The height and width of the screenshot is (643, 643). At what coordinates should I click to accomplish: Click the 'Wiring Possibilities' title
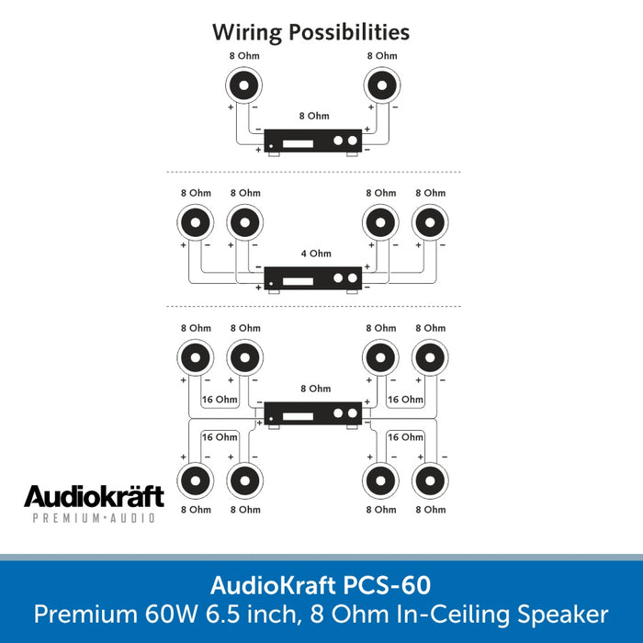311,32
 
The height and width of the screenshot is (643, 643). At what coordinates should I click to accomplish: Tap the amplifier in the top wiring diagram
312,141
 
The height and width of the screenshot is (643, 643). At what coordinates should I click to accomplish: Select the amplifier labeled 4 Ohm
312,277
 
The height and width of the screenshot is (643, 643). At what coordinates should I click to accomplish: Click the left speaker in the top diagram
244,86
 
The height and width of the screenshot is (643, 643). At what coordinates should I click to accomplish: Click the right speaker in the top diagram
382,86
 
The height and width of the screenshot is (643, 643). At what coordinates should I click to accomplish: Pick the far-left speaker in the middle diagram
195,222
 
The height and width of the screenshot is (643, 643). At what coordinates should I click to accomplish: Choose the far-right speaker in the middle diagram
431,222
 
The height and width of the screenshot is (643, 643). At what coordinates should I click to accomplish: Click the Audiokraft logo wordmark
94,497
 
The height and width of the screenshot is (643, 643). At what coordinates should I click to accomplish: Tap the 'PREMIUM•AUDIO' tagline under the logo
94,519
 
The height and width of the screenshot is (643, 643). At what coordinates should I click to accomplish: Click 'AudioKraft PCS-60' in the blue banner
321,585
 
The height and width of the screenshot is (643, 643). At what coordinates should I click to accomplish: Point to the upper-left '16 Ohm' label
220,400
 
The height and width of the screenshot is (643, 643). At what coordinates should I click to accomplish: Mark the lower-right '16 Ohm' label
405,437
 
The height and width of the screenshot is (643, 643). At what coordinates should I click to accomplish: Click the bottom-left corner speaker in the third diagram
195,480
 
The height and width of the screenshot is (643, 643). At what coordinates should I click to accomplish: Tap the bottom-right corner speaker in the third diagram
431,480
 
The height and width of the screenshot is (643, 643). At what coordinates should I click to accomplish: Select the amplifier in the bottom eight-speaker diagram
312,414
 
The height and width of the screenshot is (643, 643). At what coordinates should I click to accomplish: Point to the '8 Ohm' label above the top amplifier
313,117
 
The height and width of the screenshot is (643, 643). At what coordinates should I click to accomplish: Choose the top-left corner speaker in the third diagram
195,357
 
